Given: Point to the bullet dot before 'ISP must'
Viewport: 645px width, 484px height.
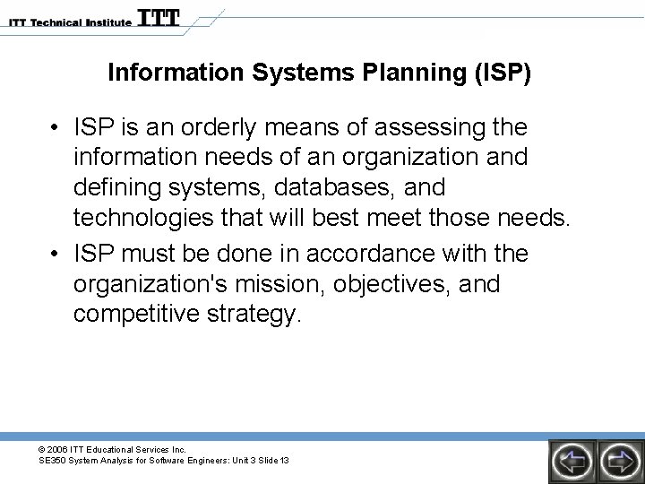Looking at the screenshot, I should click(56, 255).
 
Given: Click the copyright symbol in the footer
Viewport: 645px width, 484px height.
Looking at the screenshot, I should click(43, 448).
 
